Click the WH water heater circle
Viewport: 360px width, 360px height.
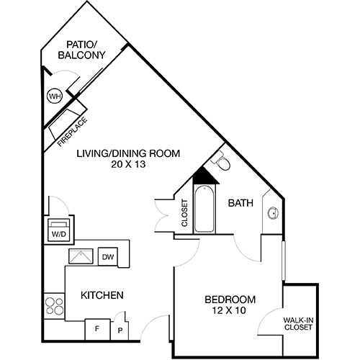[55, 96]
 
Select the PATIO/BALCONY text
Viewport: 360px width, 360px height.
[81, 50]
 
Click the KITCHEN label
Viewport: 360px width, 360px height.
[102, 295]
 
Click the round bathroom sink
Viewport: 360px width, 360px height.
[274, 213]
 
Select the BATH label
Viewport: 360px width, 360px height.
[240, 204]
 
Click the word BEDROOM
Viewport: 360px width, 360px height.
[230, 300]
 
